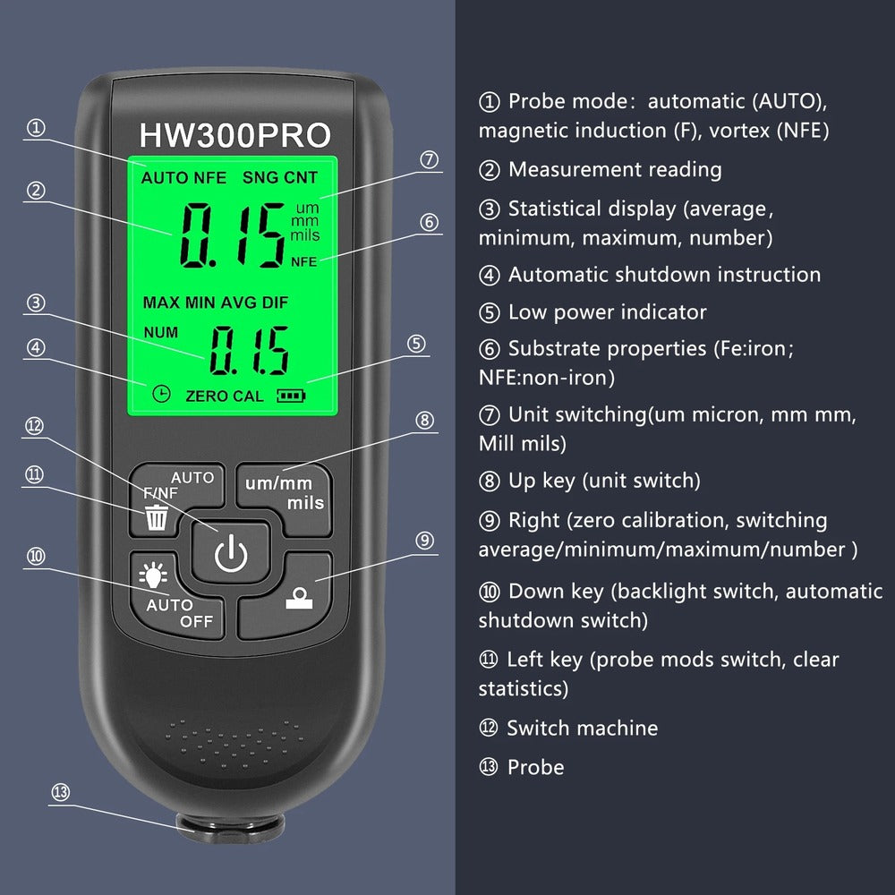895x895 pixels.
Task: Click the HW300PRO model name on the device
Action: [234, 134]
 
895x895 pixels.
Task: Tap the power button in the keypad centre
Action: [230, 556]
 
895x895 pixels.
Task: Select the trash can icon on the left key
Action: [157, 516]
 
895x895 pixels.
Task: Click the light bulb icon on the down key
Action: [152, 575]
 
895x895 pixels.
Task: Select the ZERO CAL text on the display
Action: [224, 396]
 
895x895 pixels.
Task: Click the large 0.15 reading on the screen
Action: [233, 235]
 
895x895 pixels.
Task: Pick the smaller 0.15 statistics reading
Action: [249, 349]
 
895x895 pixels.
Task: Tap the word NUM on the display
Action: [160, 332]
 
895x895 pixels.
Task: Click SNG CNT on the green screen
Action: [279, 177]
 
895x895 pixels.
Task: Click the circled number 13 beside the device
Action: [61, 793]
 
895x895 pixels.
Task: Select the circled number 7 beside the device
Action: [430, 160]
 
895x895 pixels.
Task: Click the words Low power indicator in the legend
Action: [607, 312]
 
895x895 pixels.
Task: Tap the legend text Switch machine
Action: [582, 729]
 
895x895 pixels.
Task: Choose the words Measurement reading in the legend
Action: [614, 169]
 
